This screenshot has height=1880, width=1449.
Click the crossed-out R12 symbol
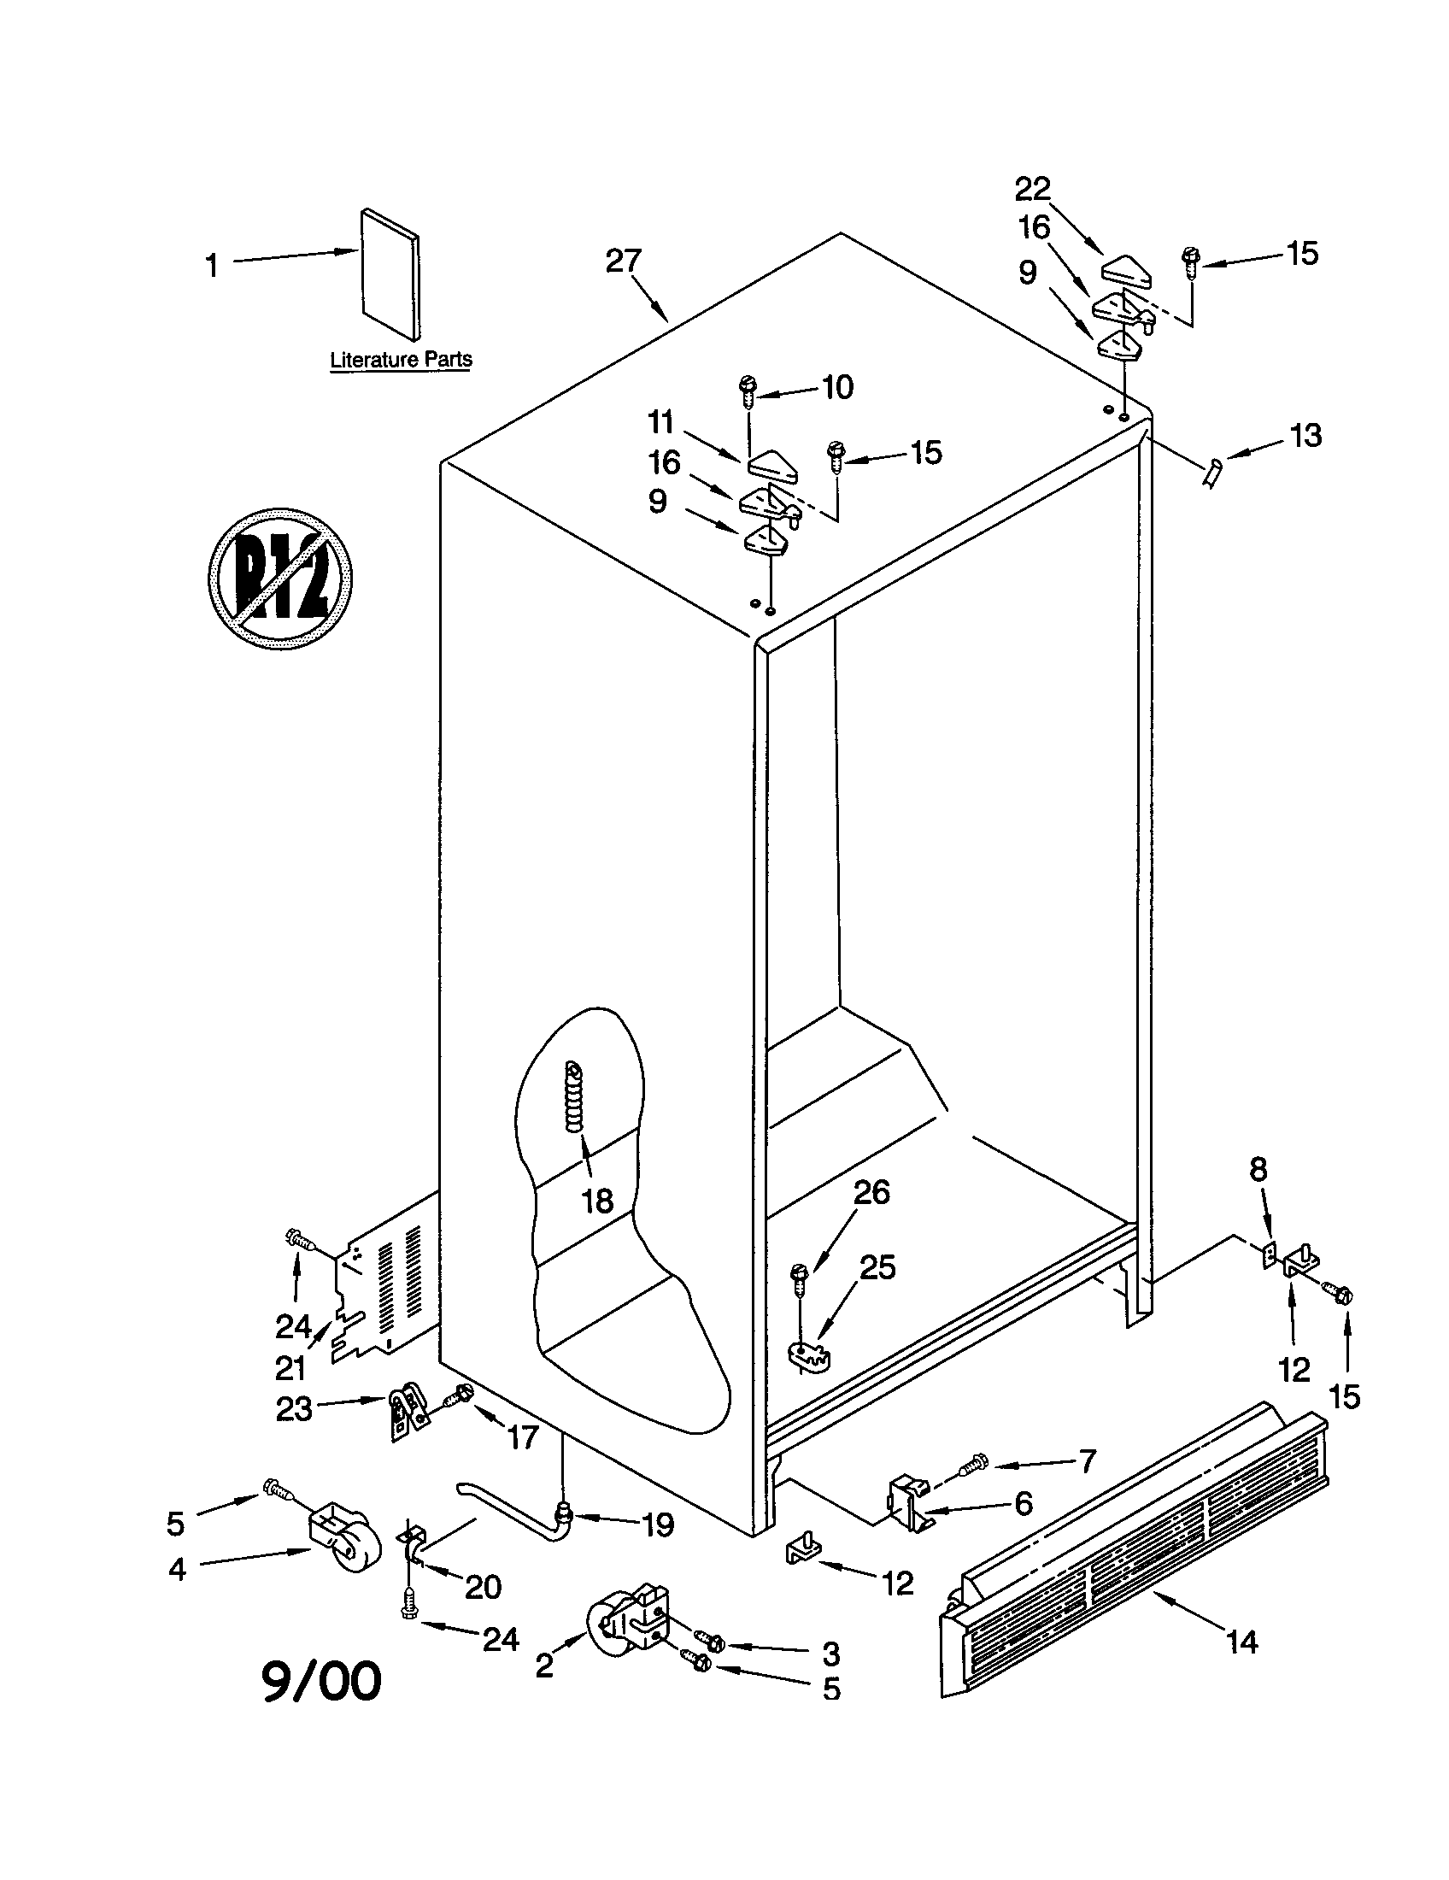click(279, 578)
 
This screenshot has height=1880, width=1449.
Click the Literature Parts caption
click(401, 360)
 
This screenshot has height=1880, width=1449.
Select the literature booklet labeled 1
click(391, 273)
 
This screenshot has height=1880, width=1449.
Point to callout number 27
click(623, 261)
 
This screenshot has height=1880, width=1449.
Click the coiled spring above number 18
click(575, 1096)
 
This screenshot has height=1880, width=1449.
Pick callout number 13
click(1305, 436)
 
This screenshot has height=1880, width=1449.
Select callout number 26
click(871, 1192)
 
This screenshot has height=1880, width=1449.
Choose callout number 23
click(293, 1409)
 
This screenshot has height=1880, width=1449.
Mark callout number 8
click(1258, 1170)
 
